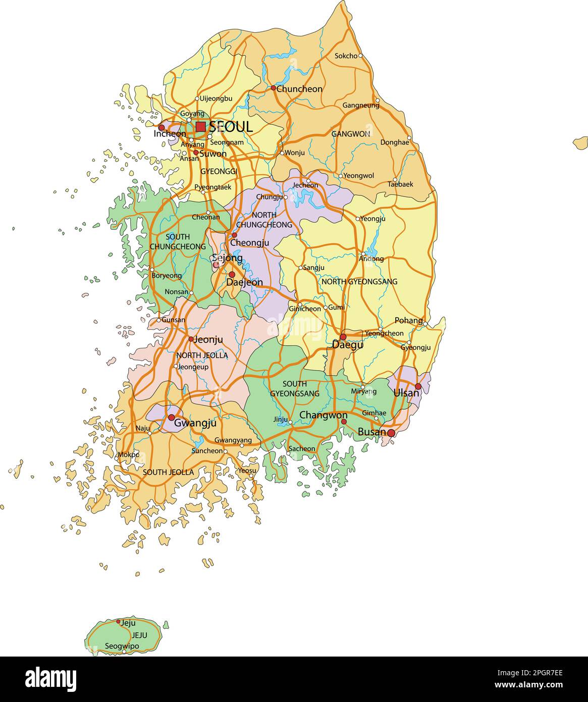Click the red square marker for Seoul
point(201,126)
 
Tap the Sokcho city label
point(346,56)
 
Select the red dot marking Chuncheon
point(273,88)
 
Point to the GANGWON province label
point(350,134)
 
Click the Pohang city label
point(408,320)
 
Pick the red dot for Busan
point(391,433)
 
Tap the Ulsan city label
point(406,392)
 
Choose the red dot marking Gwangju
point(171,417)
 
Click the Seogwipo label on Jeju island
point(122,646)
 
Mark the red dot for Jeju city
point(118,622)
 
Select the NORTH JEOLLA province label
point(202,356)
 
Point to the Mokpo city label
point(128,455)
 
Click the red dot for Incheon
point(162,128)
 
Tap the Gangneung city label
point(360,106)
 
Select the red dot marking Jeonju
point(191,339)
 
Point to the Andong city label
point(371,259)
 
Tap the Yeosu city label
point(247,470)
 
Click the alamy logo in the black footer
point(50,679)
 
